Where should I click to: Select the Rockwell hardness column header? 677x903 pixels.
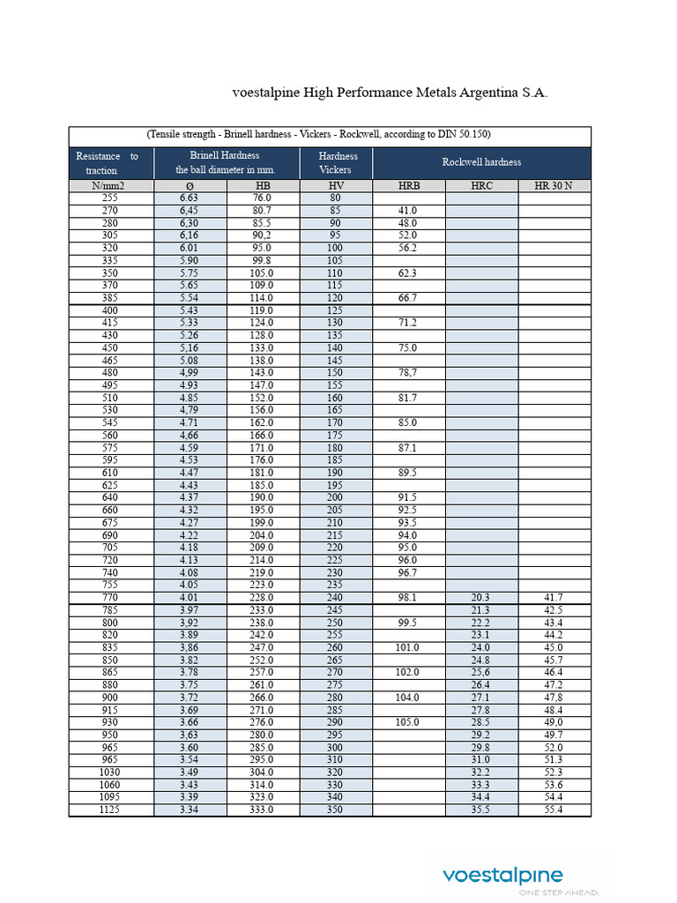(x=481, y=162)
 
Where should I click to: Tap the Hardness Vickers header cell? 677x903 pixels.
(x=335, y=162)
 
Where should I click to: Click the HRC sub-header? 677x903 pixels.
(x=481, y=186)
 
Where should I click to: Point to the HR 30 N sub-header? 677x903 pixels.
(x=554, y=186)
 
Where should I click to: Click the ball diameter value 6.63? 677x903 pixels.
(x=190, y=198)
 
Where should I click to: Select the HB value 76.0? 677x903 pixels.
(x=263, y=198)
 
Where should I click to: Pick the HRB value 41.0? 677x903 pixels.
(x=407, y=211)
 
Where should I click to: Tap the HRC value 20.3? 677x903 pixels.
(x=481, y=597)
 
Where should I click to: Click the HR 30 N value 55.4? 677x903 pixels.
(x=554, y=809)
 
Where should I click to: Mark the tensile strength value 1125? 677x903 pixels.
(x=111, y=809)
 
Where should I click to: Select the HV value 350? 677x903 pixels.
(x=335, y=809)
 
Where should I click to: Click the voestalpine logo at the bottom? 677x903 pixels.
(x=502, y=876)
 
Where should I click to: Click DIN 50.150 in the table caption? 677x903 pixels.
(x=457, y=134)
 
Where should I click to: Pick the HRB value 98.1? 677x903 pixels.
(x=407, y=597)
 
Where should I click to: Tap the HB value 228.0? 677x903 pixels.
(x=263, y=597)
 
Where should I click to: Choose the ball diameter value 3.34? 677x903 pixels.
(x=190, y=809)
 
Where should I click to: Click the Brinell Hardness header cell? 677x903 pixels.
(x=226, y=162)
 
